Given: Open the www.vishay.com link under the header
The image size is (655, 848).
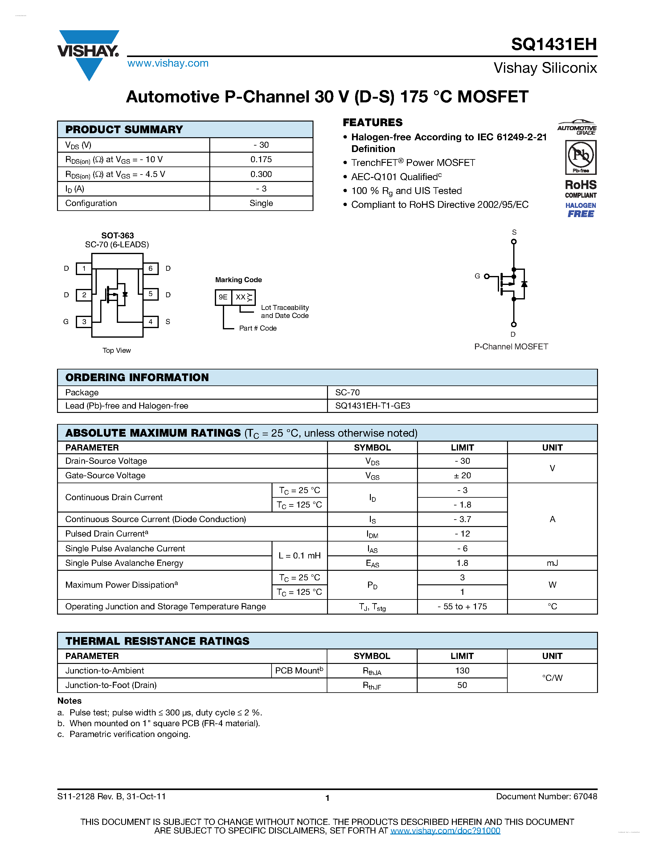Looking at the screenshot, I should coord(168,63).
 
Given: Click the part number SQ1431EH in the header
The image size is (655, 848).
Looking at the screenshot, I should coord(553,44).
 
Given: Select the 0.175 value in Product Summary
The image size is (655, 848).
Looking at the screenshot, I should coord(261,159).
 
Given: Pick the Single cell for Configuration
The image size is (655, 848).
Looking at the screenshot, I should coord(261,203).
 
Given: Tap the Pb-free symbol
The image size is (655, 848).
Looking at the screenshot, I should coord(580,157).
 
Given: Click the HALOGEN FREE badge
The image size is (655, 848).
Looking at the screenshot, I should coord(580,210).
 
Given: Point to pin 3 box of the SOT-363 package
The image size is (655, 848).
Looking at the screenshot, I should coord(84,322).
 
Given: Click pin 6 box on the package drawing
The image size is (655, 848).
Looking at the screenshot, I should coord(150,268).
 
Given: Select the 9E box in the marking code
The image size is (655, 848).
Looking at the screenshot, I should coord(223,297).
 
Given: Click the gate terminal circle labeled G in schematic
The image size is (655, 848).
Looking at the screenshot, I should coord(487,276).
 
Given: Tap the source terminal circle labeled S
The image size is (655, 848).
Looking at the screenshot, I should coord(514,241).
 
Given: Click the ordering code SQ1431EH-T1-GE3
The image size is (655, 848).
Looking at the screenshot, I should coord(373,406).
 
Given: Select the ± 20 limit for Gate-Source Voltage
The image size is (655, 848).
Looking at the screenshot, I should coord(462,475).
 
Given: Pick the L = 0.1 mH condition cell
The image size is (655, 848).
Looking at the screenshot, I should coord(300,556).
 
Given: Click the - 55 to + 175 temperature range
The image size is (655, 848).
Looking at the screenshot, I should coord(462,607).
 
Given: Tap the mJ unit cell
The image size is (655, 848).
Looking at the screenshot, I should coord(552,563).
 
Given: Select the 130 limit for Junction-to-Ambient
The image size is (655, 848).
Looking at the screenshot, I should coord(462,671).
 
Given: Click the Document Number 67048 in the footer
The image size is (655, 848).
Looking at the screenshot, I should coord(547,797).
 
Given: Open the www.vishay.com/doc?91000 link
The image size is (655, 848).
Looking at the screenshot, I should coord(445,830).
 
